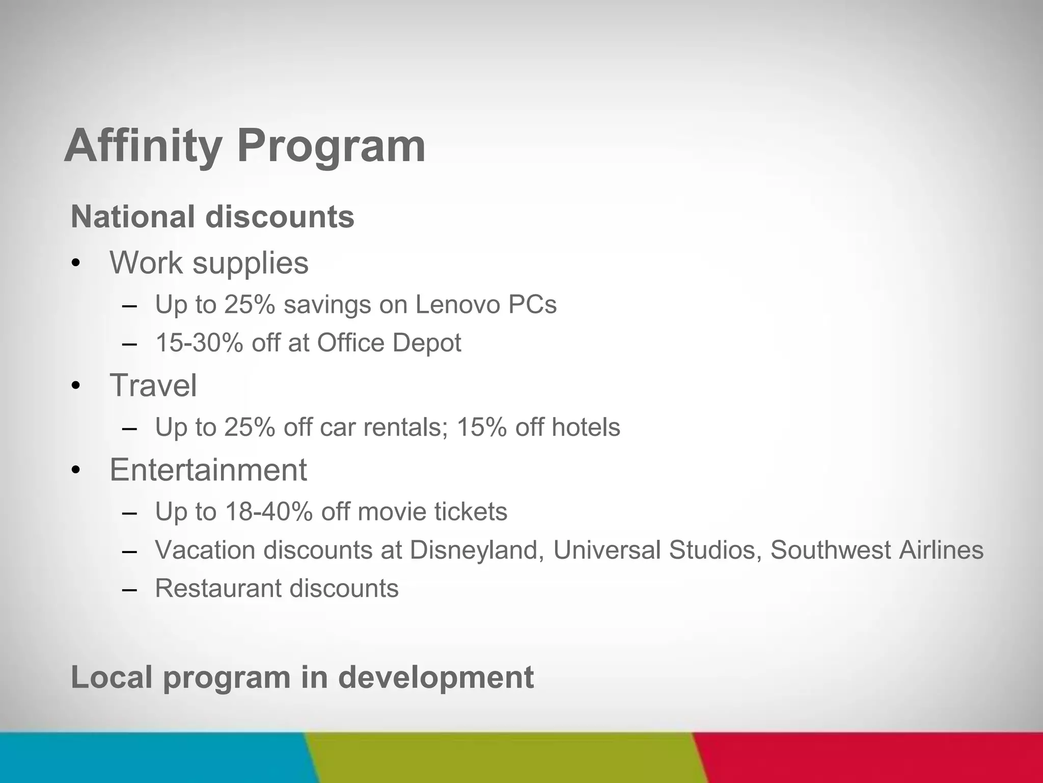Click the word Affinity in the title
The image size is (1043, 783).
143,146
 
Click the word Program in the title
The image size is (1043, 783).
331,146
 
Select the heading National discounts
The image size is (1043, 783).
212,217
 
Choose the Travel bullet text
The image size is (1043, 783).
153,385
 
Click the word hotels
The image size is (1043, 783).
586,427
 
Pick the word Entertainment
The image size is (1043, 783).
208,469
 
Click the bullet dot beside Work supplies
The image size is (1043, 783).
76,264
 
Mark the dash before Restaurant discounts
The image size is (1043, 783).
130,590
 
